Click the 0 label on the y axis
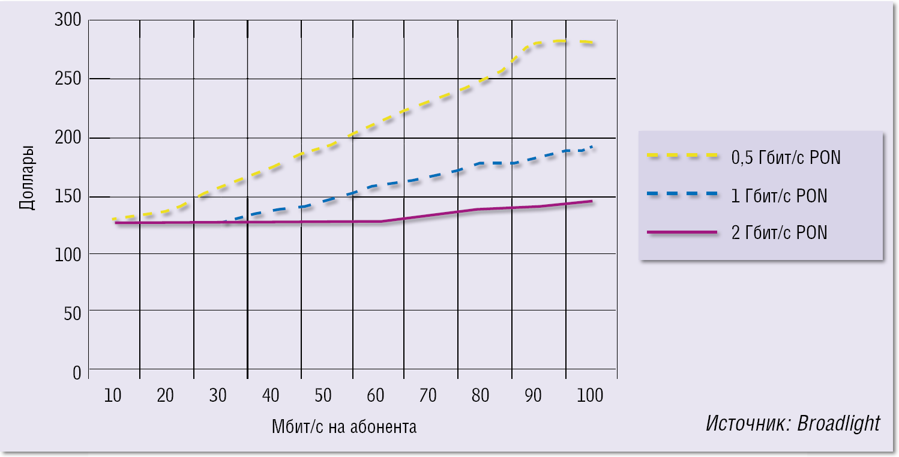(76, 372)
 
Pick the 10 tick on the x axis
(112, 396)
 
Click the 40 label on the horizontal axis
(270, 396)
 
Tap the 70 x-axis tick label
(428, 396)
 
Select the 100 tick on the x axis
(591, 396)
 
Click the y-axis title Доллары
(26, 178)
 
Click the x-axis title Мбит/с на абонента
(343, 427)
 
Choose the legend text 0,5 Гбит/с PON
(786, 157)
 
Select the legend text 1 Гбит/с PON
(779, 196)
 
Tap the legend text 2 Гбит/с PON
(779, 232)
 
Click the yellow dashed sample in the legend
(682, 156)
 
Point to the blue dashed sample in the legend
(682, 194)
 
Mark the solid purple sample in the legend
(682, 232)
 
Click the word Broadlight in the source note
(838, 423)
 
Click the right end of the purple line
(592, 201)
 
